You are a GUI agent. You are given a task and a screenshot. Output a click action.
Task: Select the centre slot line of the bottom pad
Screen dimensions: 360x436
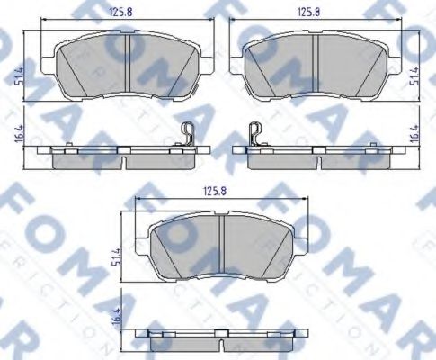222,240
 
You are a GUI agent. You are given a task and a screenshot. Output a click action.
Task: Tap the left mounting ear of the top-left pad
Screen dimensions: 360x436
51,65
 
